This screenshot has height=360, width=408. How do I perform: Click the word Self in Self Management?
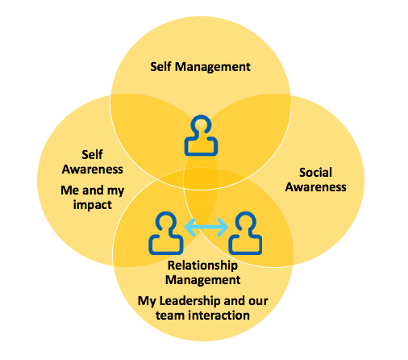pos(160,66)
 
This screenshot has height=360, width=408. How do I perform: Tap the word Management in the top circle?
pos(213,67)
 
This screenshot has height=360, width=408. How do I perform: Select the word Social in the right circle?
pos(316,173)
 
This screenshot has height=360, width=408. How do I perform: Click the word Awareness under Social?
pos(316,187)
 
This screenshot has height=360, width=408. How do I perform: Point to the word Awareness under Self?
pos(93,170)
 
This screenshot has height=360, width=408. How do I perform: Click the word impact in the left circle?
pos(93,205)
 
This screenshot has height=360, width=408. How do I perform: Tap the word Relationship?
pos(202,266)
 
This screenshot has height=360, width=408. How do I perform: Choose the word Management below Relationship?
pos(203,280)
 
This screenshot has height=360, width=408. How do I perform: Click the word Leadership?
pos(190,301)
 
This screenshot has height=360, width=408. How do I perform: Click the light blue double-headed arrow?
pos(206,228)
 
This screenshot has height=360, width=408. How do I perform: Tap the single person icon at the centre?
pos(201,136)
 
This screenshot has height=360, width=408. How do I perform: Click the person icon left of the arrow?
pos(166,233)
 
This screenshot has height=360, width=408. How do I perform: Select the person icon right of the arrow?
pos(245,233)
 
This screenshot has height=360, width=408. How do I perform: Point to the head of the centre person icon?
pos(201,124)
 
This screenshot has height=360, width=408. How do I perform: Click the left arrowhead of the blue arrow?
pos(190,228)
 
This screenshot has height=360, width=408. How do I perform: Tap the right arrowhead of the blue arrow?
pos(223,228)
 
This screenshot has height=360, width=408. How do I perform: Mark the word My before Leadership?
pos(147,302)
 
